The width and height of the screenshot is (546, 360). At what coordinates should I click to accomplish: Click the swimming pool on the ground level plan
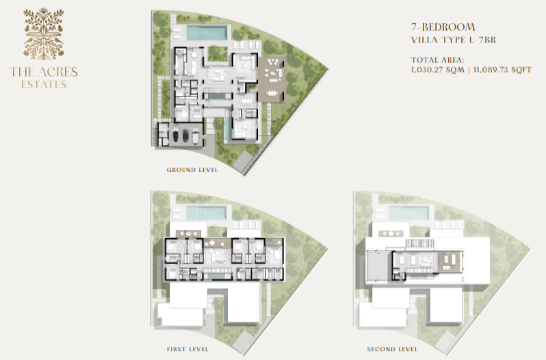click(x=207, y=33)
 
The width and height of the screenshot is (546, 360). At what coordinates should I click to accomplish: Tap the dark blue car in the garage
click(x=177, y=135)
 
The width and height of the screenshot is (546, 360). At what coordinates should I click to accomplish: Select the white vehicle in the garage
click(x=196, y=135)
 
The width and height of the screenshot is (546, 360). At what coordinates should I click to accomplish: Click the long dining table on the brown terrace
click(x=272, y=93)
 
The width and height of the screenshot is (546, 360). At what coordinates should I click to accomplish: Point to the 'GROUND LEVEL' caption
click(x=192, y=170)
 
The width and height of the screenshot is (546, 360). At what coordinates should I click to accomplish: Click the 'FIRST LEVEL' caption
click(x=187, y=349)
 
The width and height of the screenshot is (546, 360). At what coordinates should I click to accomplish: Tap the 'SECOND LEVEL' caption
click(x=392, y=349)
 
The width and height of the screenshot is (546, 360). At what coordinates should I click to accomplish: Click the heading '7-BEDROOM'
click(x=443, y=27)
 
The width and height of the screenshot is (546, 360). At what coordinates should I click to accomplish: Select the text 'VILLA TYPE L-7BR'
click(x=454, y=40)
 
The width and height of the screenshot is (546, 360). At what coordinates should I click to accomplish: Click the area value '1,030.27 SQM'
click(x=437, y=70)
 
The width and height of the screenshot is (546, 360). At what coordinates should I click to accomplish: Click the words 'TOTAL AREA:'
click(x=437, y=60)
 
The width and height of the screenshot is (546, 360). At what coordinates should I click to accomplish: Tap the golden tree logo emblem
click(x=44, y=34)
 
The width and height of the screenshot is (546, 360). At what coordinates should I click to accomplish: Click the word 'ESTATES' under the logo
click(x=44, y=85)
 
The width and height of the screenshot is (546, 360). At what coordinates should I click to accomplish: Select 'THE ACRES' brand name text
click(x=44, y=72)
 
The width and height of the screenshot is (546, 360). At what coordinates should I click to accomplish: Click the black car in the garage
click(x=185, y=135)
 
